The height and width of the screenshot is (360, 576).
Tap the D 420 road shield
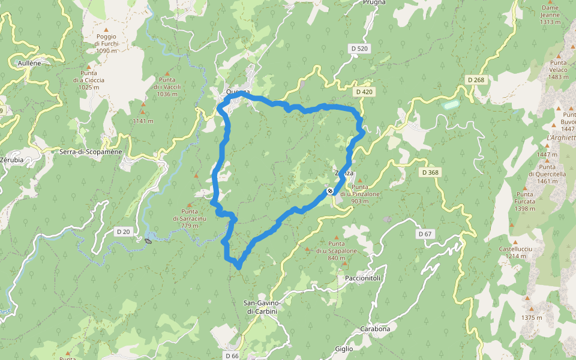click(x=364, y=92)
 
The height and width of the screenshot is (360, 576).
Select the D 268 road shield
click(x=475, y=80)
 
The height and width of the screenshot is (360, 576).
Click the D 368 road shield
click(x=430, y=173)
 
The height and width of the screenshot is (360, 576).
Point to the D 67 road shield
click(x=425, y=233)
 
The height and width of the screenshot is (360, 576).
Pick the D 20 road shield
click(x=123, y=231)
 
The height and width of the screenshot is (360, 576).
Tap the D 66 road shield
click(x=232, y=355)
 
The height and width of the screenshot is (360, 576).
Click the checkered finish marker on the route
click(x=330, y=191)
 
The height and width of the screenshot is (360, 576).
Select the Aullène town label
click(x=29, y=62)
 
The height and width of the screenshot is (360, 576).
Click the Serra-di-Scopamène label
click(x=91, y=152)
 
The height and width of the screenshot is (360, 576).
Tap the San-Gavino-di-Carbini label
click(x=262, y=307)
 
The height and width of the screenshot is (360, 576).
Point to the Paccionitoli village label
click(x=364, y=278)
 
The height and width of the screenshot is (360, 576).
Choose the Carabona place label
click(x=375, y=329)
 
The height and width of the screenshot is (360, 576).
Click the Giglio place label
click(x=344, y=349)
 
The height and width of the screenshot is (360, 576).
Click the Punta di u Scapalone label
click(x=337, y=250)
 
